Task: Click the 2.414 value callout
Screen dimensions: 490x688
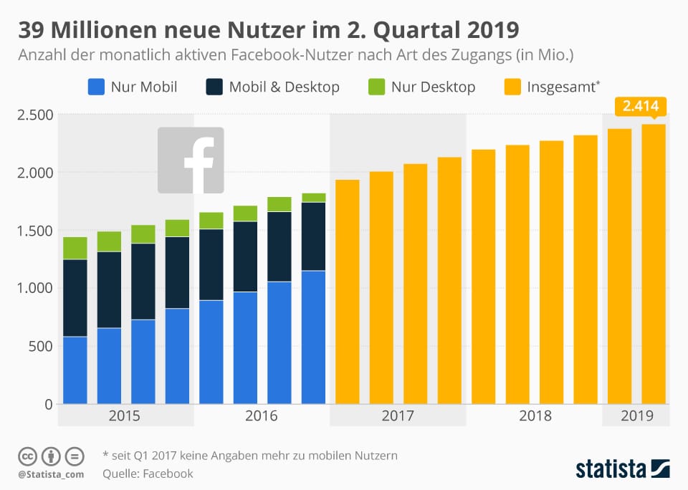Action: tap(641, 107)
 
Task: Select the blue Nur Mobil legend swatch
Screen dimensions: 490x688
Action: tap(96, 87)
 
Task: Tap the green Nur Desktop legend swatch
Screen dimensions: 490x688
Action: tap(376, 87)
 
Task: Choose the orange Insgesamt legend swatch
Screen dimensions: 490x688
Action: tap(512, 87)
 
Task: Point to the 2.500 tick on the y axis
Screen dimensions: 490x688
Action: tap(35, 115)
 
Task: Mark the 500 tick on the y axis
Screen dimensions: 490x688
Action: tap(39, 346)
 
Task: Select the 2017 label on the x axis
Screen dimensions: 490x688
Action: tap(398, 415)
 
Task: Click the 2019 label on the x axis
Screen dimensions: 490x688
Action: tap(636, 415)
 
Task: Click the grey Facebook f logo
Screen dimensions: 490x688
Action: tap(191, 160)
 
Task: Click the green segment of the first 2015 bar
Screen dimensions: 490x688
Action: tap(75, 248)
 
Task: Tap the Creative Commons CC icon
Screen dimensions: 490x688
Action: tap(27, 456)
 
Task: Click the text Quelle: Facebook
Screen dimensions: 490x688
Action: tap(148, 474)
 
